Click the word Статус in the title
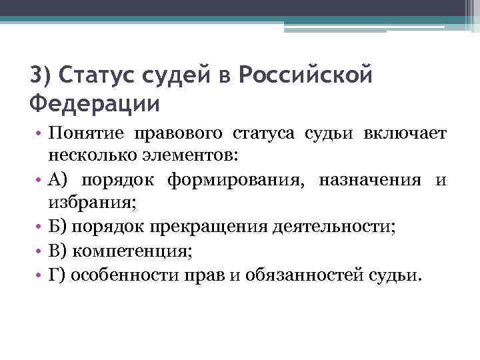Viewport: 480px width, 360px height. [94, 75]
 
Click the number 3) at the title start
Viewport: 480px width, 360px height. [41, 75]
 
